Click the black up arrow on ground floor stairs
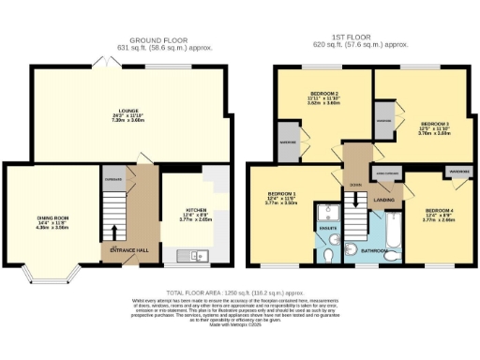[115, 230]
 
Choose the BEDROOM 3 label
[434, 125]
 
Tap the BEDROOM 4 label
[439, 211]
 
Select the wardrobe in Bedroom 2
[288, 143]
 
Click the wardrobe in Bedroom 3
[384, 121]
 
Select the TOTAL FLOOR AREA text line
[240, 293]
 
